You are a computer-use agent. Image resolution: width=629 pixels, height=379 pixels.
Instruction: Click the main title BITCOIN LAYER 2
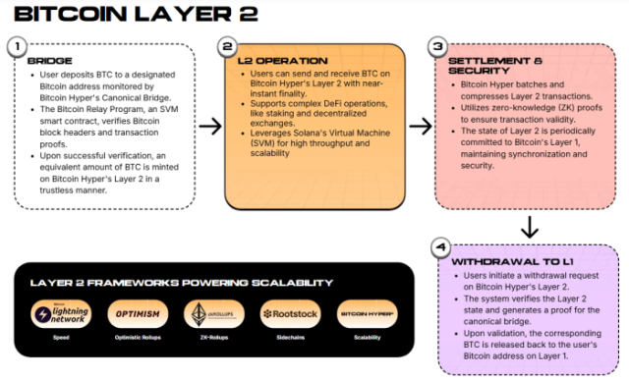pos(132,15)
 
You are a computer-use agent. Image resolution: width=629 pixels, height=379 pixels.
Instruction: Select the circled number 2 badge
pos(228,46)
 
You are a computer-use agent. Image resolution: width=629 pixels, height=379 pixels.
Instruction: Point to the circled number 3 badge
pos(438,46)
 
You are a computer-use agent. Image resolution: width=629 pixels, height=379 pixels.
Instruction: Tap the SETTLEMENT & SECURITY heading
pos(493,66)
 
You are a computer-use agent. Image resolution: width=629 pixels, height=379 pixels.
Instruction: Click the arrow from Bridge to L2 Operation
pos(209,126)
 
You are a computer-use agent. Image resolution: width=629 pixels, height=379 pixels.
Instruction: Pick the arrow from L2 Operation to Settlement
pos(420,126)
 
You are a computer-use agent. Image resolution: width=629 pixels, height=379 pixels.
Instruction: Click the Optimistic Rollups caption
pos(131,338)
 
